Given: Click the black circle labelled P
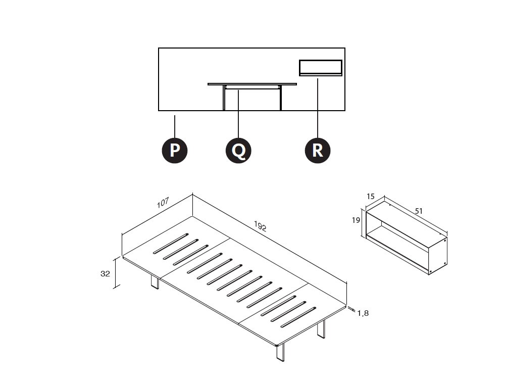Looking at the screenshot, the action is (x=175, y=151).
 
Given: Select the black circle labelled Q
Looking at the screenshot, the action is (x=238, y=151).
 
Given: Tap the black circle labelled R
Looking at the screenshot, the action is (x=318, y=151).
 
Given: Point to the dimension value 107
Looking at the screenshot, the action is (x=163, y=203).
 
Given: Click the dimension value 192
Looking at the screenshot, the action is (x=260, y=226).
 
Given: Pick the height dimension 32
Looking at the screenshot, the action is (x=106, y=273).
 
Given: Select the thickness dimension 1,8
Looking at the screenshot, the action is (x=363, y=313).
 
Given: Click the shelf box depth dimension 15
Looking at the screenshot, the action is (x=371, y=196).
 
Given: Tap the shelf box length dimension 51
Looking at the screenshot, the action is (x=418, y=211).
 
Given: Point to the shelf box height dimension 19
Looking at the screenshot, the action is (x=356, y=220).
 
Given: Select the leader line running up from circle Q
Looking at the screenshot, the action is (x=238, y=114).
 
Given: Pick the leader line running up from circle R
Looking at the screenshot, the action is (x=318, y=108).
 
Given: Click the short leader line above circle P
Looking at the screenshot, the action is (x=175, y=127).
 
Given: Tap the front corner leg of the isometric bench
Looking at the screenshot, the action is (x=280, y=353).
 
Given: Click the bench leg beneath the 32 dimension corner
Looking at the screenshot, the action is (x=155, y=282).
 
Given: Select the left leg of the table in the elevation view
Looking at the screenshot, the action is (x=224, y=98).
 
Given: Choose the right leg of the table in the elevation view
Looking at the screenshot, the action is (x=281, y=98).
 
